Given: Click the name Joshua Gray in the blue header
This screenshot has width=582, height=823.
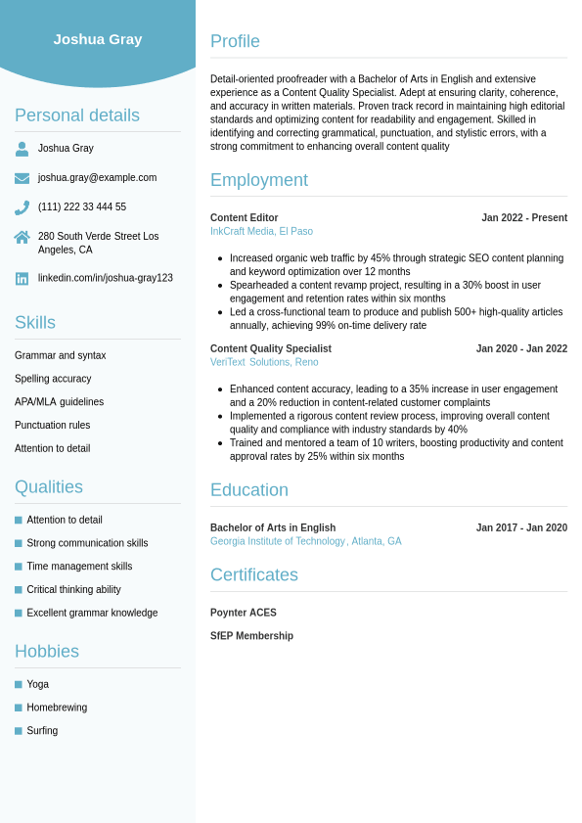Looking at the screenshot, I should point(98,39).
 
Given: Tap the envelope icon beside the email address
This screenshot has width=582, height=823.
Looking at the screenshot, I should point(22,178).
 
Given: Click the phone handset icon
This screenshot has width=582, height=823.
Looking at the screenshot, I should point(22,207).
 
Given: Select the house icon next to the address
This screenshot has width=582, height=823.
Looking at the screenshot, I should point(22,237).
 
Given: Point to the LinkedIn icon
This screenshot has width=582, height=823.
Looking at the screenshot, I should point(22,279).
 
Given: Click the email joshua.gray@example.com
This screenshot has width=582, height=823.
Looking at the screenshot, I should point(97,178).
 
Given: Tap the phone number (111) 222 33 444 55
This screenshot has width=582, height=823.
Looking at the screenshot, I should point(82,207).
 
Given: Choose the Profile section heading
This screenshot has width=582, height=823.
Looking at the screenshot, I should point(235,41).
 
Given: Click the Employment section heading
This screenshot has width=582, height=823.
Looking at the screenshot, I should point(259,180).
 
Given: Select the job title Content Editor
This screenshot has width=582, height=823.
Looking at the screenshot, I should point(244,218).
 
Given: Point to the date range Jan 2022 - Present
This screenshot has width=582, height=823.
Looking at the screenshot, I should point(524,218).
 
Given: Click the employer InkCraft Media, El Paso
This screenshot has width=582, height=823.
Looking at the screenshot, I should point(261,232).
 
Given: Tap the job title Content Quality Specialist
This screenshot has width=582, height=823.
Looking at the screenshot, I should point(271,349).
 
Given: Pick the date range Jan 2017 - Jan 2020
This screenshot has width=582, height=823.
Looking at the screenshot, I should point(521,528).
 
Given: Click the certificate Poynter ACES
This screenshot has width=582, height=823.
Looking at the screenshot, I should point(244,614).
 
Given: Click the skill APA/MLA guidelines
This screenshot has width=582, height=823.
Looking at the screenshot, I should point(59,402).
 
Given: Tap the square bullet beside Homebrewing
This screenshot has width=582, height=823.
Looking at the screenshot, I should point(19,708).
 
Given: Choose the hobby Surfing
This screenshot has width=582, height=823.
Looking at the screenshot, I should point(42,731).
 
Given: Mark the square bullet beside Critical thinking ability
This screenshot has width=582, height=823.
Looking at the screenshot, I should point(19,590).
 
